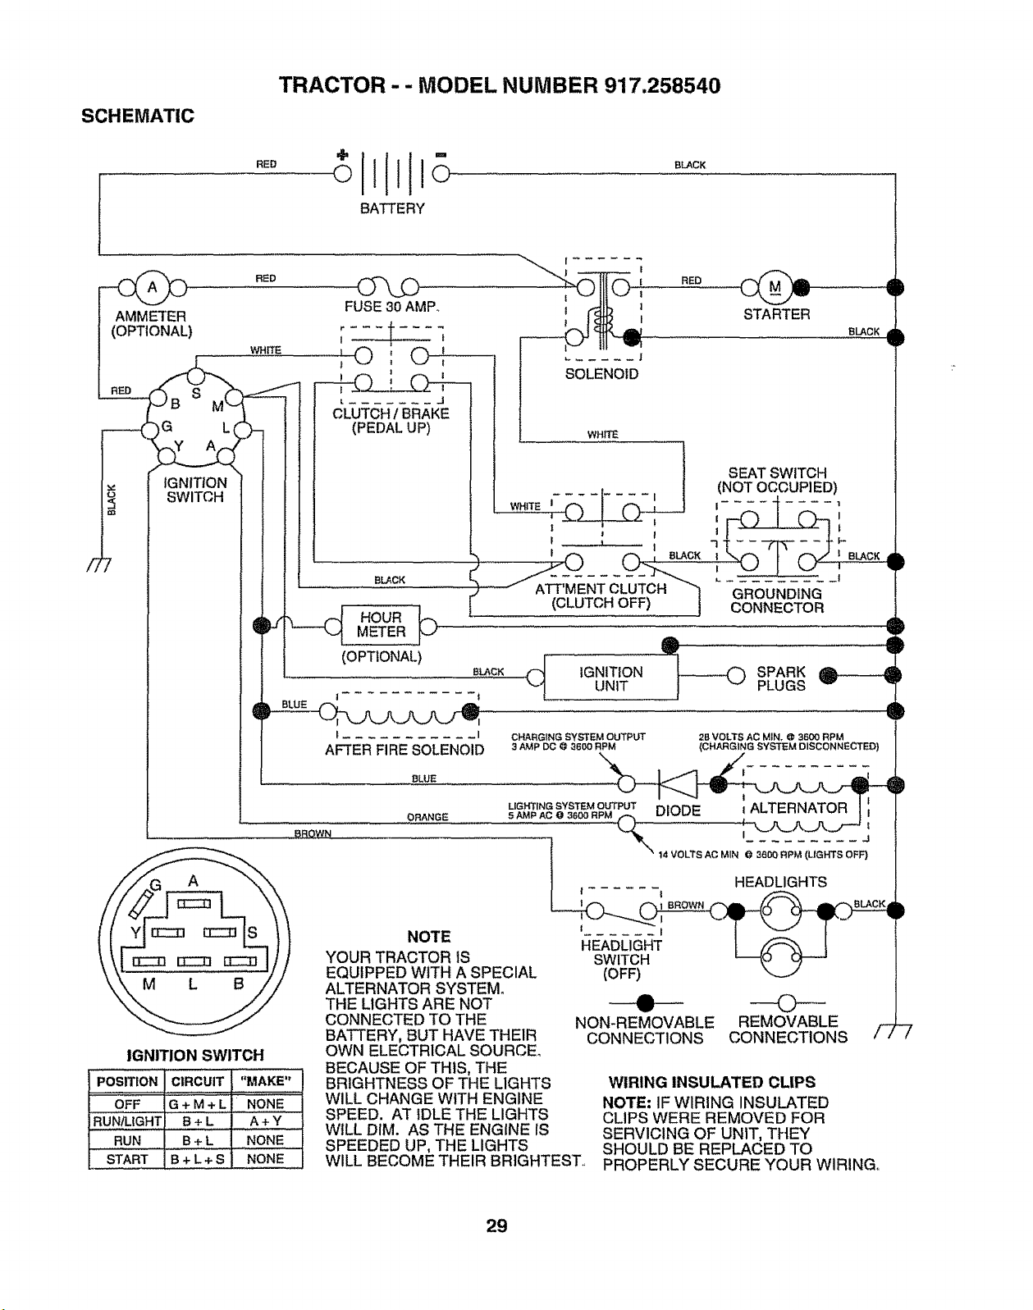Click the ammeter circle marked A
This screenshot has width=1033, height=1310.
pos(153,287)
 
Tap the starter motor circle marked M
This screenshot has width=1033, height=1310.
pos(775,287)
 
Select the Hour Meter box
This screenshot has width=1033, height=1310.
pos(381,625)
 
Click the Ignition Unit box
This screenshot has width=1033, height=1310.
pos(610,678)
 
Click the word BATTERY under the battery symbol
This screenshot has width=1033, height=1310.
pos(392,209)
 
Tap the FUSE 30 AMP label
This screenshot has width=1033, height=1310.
pos(391,307)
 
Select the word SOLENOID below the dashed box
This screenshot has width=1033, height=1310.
pos(601,374)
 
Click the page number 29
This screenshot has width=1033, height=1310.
pos(496,1226)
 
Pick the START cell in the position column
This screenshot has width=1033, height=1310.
pos(126,1159)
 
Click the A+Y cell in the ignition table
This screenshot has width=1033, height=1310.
pos(265,1121)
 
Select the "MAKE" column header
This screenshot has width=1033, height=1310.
pos(265,1081)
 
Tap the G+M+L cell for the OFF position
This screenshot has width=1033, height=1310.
pos(198,1104)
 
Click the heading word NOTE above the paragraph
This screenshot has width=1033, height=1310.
pos(429,937)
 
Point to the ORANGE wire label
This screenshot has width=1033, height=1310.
pos(427,817)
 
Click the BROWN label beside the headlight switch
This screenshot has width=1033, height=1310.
pos(685,906)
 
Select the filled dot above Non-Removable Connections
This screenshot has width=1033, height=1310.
pos(645,1002)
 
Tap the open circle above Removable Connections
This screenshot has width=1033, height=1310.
pos(787,1002)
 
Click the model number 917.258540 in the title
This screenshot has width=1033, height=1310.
pos(662,86)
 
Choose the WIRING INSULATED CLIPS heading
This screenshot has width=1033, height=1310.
pos(712,1082)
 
